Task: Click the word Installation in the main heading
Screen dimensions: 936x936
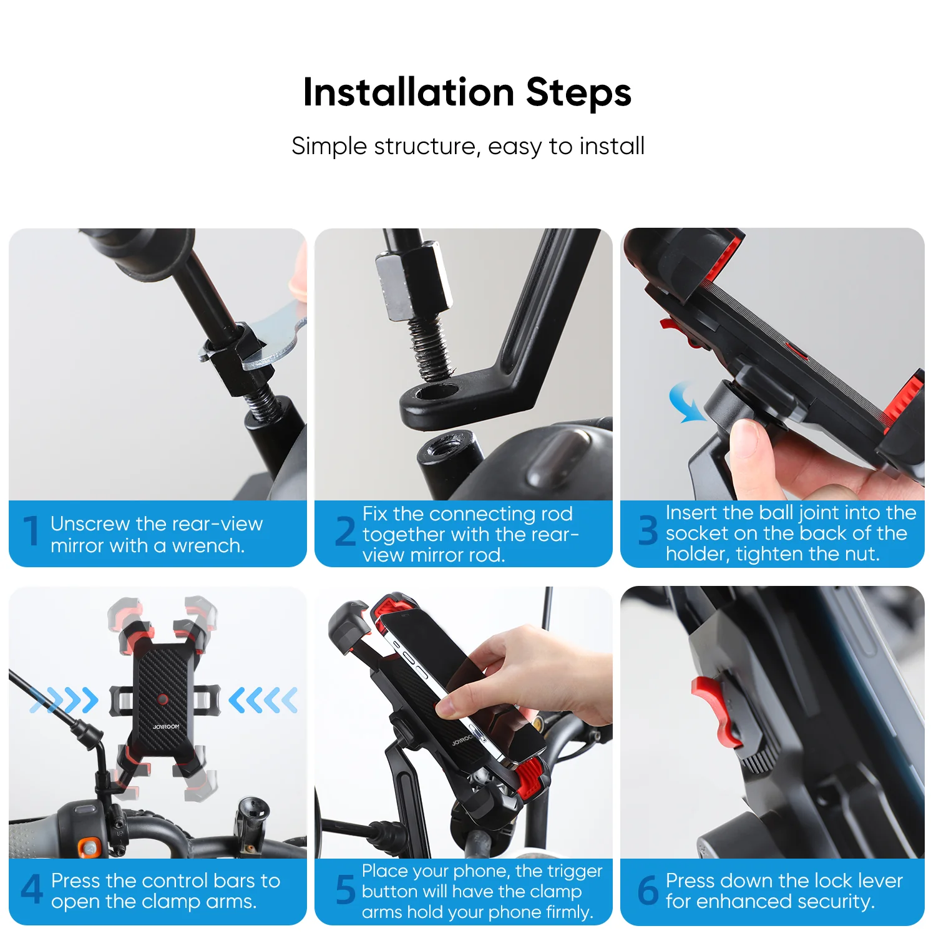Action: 408,92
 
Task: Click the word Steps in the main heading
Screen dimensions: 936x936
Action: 578,94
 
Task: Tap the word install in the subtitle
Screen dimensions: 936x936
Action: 612,146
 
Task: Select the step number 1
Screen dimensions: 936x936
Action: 31,532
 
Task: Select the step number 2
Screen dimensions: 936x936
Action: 345,532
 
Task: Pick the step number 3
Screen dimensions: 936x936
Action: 648,530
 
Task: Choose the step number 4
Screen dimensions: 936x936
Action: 32,889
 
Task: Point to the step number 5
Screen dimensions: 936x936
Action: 345,890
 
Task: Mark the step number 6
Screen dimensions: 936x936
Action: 648,890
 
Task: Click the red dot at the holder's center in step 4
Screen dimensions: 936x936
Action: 163,699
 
